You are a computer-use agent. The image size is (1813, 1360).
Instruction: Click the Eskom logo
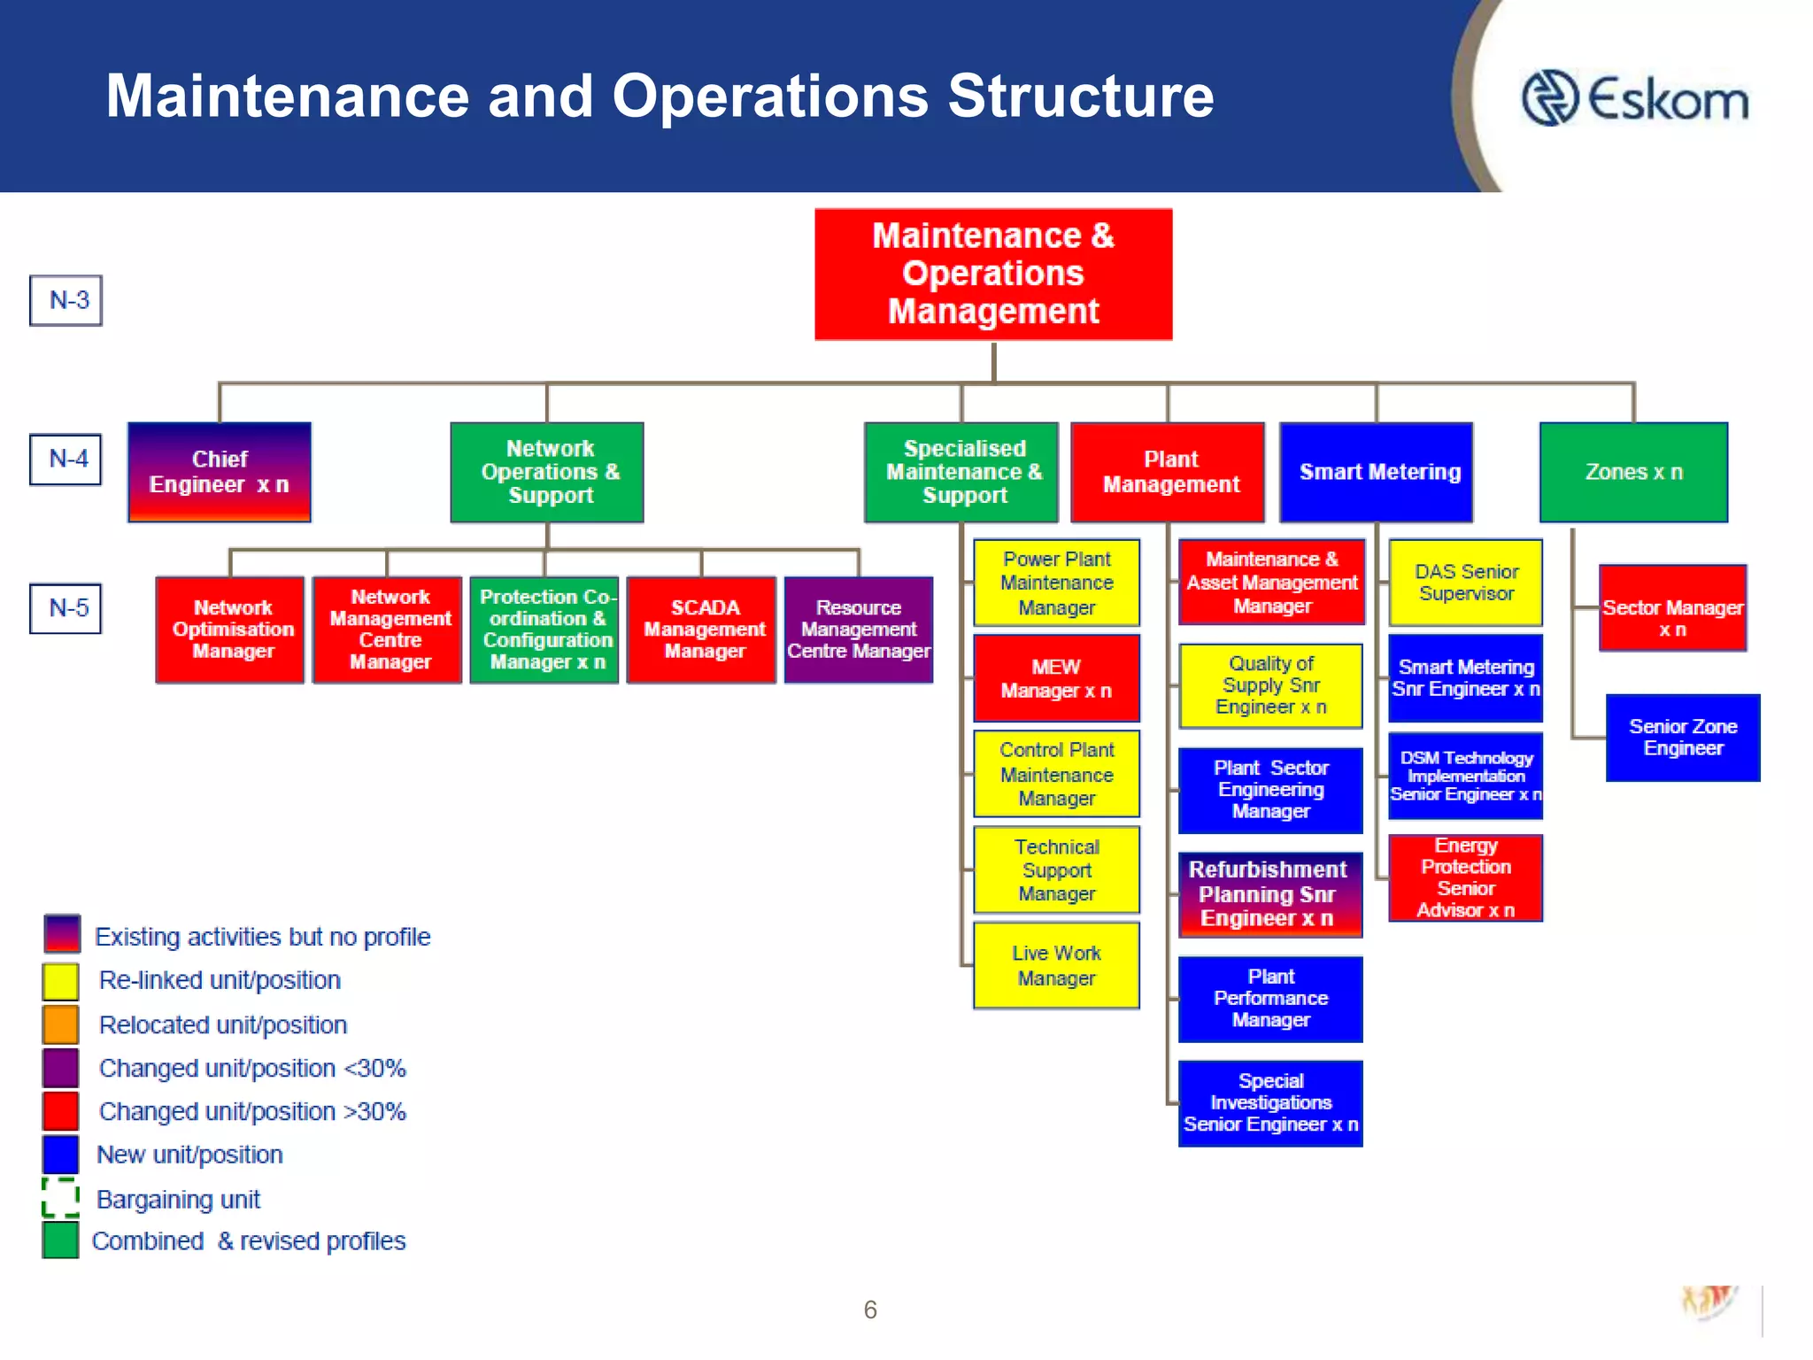1634,98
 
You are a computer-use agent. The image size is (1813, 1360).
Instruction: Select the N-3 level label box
66,300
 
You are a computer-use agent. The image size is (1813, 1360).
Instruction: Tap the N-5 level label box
66,608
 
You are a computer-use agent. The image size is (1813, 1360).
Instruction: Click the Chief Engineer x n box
220,472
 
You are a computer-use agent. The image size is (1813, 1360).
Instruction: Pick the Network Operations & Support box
547,472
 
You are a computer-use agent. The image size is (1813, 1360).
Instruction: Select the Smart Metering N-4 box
1377,472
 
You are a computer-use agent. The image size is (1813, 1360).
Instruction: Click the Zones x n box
1633,472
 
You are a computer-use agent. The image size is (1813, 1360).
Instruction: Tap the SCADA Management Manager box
702,630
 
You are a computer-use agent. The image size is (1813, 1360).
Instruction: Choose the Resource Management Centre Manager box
859,630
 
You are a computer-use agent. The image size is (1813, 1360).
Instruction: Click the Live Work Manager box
1056,965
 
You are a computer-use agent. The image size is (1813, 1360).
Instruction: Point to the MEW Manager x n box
1056,678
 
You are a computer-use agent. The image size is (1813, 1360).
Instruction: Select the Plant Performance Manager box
1270,999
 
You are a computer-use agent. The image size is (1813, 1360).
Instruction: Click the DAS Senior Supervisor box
1466,583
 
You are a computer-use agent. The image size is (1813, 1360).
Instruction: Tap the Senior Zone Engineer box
1683,738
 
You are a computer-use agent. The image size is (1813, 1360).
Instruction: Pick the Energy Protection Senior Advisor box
1466,877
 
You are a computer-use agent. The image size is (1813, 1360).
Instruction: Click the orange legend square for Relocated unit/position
61,1024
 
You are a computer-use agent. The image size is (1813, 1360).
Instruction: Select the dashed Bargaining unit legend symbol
61,1198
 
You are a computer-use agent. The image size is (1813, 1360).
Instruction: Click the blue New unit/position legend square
61,1155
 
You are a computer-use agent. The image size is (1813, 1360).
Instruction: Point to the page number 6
870,1310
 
